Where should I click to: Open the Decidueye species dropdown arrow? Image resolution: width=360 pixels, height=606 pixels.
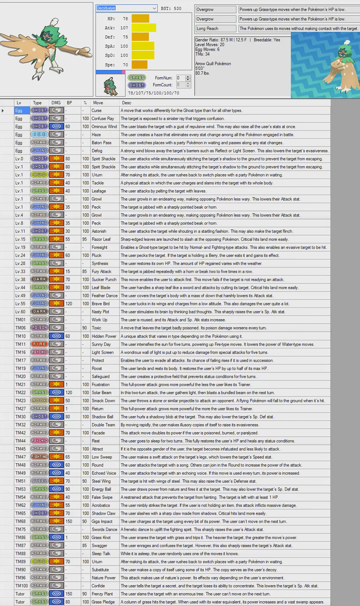[154, 8]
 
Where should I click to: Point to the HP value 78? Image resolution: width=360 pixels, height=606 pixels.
[125, 19]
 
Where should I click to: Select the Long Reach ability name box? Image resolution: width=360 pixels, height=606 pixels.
[215, 28]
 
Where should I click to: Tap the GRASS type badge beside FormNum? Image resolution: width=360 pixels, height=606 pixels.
[137, 78]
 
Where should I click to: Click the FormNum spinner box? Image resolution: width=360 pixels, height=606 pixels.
[180, 78]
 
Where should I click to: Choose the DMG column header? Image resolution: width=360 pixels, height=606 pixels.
[56, 102]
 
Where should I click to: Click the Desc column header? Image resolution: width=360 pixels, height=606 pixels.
[126, 102]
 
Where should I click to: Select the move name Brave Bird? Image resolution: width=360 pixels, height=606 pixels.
[101, 303]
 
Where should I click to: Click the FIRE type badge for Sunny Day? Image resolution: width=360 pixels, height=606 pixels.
[39, 344]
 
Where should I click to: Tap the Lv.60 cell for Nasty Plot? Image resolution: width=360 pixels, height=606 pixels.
[20, 312]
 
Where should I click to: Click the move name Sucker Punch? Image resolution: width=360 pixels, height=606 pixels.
[104, 279]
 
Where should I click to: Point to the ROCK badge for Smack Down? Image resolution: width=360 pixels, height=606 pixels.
[39, 401]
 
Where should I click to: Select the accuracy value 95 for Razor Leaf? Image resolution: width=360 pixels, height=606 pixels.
[85, 239]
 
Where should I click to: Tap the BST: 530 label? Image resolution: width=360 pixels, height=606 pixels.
[171, 8]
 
